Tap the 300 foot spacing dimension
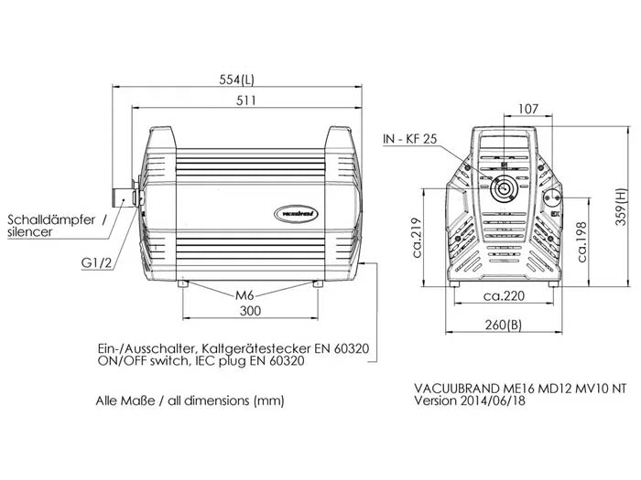pyautogui.click(x=250, y=312)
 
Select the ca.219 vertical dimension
pyautogui.click(x=418, y=238)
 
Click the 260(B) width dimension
pyautogui.click(x=503, y=326)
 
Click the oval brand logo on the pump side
pyautogui.click(x=295, y=215)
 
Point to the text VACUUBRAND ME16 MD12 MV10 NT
pyautogui.click(x=521, y=387)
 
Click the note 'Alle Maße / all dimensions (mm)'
pyautogui.click(x=190, y=400)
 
